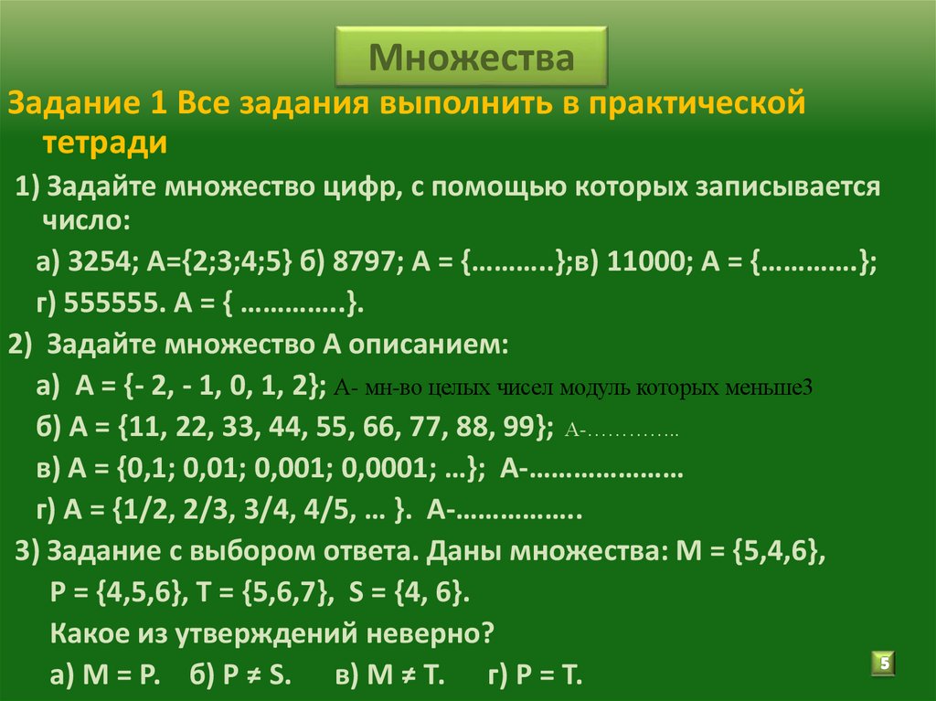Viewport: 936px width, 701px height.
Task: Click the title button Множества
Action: click(471, 58)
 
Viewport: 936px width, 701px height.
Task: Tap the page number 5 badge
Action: click(885, 663)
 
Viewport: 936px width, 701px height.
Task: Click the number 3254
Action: click(101, 263)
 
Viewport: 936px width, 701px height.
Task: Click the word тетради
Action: click(105, 143)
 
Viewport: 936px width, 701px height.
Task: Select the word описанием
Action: click(423, 346)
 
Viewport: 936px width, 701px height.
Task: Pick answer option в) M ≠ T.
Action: click(388, 675)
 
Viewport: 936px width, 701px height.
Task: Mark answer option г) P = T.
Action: click(535, 675)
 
